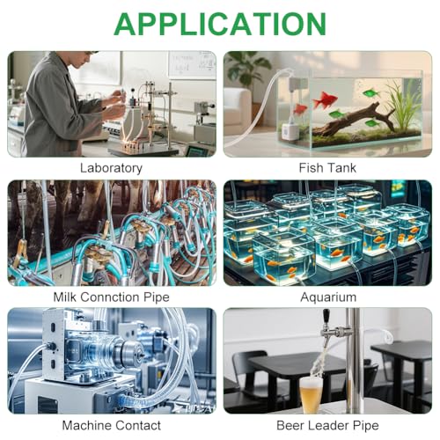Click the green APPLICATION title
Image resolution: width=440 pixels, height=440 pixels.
coord(220,24)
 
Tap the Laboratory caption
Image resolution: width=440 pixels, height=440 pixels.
coord(111,168)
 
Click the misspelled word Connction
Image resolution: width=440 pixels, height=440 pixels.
coord(112,297)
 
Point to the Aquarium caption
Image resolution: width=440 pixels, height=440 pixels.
coord(328,297)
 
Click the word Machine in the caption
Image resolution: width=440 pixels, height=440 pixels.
coord(86,425)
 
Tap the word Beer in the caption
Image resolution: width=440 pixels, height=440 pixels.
coord(290,425)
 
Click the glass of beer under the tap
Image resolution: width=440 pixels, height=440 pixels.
coord(311,394)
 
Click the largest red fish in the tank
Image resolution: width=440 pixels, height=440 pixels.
coord(325,99)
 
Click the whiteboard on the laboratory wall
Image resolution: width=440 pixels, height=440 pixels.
coord(192,64)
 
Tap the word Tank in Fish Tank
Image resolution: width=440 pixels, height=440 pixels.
coord(341,168)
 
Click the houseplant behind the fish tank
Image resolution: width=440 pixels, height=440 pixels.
coord(248,70)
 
